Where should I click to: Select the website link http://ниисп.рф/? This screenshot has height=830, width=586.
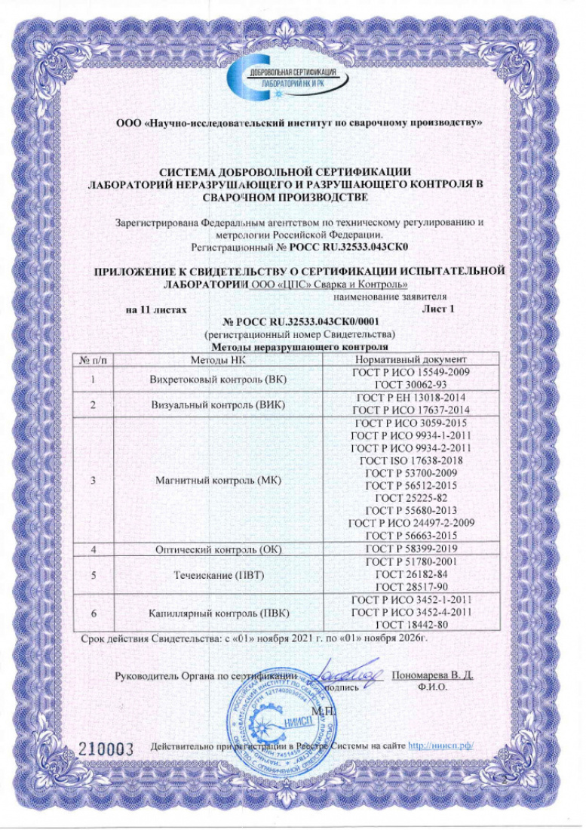point(440,746)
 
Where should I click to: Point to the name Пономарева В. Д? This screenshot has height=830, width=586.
point(433,674)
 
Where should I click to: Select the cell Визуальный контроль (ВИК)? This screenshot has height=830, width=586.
point(218,404)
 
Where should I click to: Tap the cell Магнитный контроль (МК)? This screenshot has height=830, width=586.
point(218,479)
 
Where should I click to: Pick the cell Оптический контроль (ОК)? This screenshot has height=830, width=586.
point(218,549)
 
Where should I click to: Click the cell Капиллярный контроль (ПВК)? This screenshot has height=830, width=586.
point(218,613)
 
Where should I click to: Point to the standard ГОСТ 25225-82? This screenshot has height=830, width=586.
point(412,499)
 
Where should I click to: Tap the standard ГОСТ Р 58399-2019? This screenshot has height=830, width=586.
point(412,549)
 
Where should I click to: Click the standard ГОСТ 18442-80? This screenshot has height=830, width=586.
point(412,625)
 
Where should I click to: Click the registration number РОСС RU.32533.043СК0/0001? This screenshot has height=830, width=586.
point(299,322)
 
